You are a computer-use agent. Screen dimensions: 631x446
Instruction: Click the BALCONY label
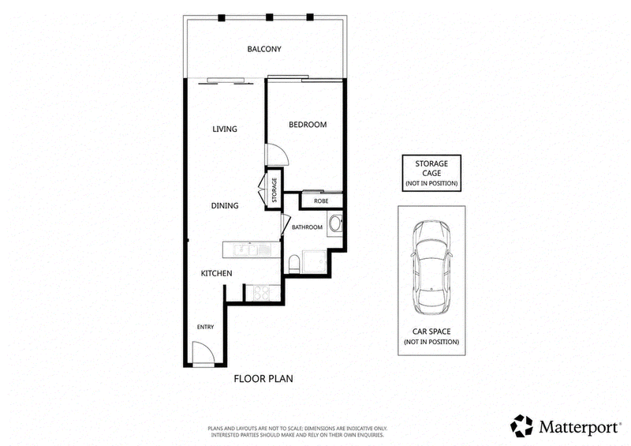(x=264, y=49)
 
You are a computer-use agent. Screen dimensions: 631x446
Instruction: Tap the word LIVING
(x=225, y=129)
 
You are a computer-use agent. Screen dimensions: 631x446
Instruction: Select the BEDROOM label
(x=308, y=125)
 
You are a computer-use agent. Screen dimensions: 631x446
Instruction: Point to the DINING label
(x=225, y=205)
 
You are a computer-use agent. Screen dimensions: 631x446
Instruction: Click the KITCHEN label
(x=216, y=273)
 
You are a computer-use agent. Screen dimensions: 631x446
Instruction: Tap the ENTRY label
(x=205, y=327)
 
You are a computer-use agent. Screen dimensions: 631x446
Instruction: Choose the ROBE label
(x=321, y=201)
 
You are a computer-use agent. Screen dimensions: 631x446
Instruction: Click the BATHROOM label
(x=307, y=227)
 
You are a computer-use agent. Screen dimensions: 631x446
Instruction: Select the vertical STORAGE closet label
(x=274, y=190)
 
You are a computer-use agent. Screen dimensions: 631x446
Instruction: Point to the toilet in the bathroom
(x=293, y=264)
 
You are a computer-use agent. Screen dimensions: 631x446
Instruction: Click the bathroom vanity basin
(x=335, y=223)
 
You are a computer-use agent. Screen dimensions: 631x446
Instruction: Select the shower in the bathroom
(x=315, y=262)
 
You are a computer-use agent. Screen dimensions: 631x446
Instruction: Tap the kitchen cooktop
(x=261, y=293)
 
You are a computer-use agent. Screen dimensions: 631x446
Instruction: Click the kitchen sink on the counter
(x=248, y=249)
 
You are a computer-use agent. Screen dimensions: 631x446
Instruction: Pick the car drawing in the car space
(x=431, y=268)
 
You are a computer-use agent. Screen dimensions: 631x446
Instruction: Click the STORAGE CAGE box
(x=431, y=173)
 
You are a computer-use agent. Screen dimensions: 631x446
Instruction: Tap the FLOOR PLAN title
(x=263, y=379)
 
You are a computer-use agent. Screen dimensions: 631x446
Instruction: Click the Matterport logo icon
(x=521, y=425)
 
